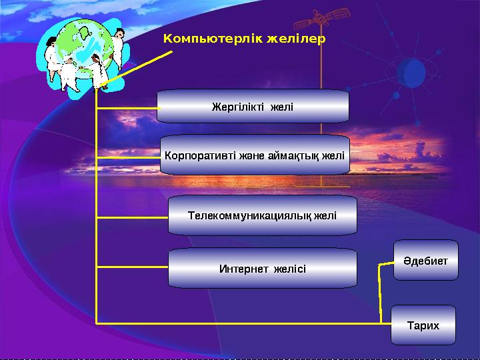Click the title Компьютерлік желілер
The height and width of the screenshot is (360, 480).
[x=245, y=39]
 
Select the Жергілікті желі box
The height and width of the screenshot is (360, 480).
[x=253, y=107]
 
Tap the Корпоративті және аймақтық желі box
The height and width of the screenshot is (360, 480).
[x=254, y=156]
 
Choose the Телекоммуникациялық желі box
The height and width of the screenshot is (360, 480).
[x=262, y=215]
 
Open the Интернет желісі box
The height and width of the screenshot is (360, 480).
[x=262, y=269]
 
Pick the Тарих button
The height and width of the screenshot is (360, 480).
[x=423, y=325]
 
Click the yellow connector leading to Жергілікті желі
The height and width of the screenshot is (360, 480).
[x=127, y=107]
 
